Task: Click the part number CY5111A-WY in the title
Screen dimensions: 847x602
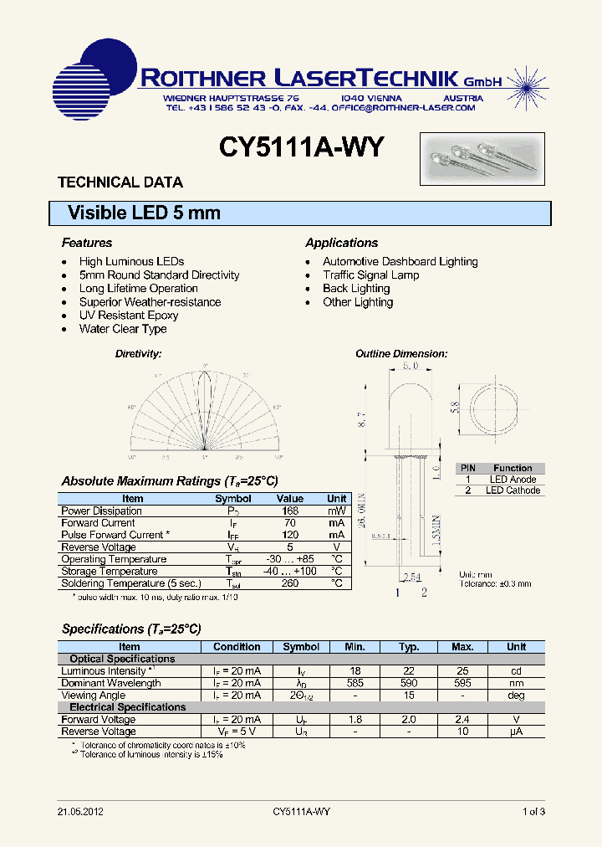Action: (x=301, y=147)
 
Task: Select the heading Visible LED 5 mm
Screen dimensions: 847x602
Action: (x=144, y=213)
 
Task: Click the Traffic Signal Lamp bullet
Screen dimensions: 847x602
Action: (x=370, y=275)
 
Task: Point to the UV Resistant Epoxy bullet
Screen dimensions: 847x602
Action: (x=129, y=316)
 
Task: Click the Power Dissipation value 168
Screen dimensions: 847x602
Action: (x=290, y=511)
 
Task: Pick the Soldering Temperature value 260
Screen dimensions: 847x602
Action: (x=290, y=583)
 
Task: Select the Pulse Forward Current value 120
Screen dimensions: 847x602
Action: (x=290, y=535)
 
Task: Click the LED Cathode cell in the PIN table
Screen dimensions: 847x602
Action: (x=513, y=490)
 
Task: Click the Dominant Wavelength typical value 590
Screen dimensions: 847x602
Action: (x=409, y=683)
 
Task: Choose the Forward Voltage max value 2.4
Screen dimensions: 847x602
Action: (x=462, y=720)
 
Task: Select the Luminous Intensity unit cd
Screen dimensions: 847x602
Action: (x=517, y=671)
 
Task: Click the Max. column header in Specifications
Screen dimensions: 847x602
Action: (x=462, y=647)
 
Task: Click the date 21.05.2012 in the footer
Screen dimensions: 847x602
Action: (x=81, y=812)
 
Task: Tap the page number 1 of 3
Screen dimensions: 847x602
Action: (x=533, y=812)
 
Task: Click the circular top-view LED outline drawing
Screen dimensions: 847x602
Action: (x=498, y=407)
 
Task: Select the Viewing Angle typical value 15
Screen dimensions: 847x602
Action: (x=409, y=696)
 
